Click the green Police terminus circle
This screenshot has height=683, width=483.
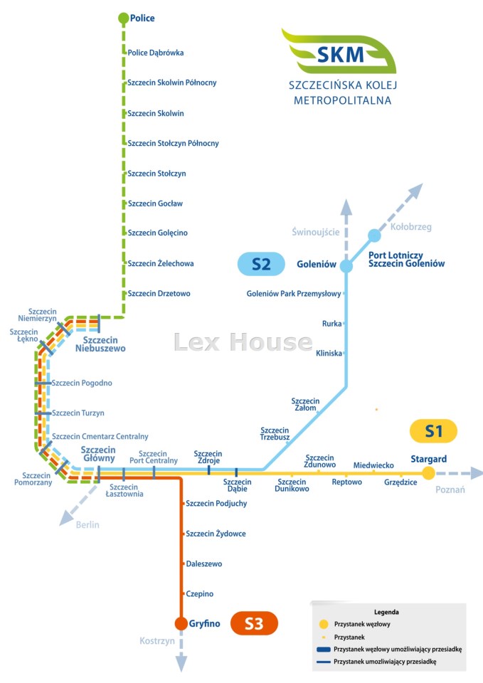(124, 18)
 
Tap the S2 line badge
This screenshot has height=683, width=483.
(261, 264)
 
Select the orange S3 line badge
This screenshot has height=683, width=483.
(254, 623)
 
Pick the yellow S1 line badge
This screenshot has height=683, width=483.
(433, 431)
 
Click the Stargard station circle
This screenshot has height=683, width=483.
(428, 472)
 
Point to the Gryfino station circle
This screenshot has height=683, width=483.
(181, 623)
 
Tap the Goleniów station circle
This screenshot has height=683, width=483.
(346, 265)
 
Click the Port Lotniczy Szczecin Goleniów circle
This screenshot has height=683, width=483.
(374, 235)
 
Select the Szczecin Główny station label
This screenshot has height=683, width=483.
(98, 453)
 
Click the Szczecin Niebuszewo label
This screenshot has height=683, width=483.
(100, 344)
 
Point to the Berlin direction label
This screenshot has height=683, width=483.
(87, 524)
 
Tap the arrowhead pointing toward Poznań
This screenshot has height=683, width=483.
(475, 473)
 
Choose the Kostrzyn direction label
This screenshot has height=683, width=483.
(156, 641)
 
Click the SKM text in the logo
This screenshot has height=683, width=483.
(340, 55)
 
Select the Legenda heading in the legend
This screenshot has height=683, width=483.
(386, 612)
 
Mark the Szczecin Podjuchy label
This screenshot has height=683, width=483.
(216, 504)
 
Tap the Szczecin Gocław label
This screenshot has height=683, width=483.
(155, 203)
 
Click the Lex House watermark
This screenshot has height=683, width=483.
(243, 342)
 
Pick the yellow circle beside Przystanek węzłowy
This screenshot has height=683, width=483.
(324, 624)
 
